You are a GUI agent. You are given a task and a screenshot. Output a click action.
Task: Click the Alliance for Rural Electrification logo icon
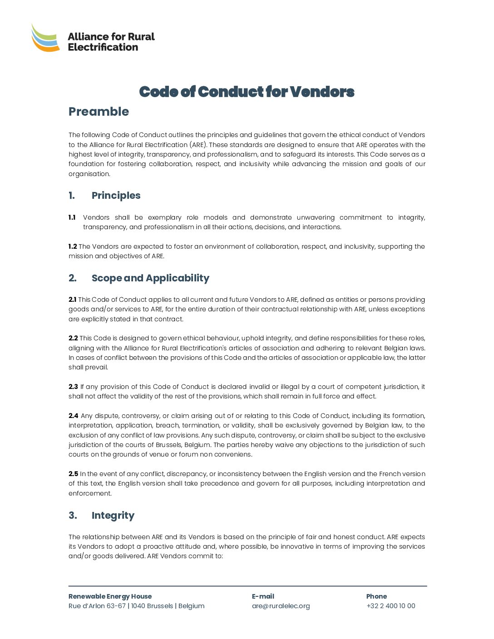45,38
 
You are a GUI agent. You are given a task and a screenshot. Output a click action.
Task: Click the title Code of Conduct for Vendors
247,92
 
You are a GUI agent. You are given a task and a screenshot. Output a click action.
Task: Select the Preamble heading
99,112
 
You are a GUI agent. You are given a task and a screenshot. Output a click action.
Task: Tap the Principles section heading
116,196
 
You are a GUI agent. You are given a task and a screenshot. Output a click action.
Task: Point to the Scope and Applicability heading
150,278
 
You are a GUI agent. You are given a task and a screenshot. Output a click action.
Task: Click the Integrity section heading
113,516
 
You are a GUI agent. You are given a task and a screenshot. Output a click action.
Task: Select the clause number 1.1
72,218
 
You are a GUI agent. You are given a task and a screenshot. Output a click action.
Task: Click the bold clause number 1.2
73,247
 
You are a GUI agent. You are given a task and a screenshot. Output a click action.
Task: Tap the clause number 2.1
73,300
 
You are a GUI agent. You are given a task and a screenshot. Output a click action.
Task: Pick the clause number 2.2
73,339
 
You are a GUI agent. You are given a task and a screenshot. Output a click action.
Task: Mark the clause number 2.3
73,387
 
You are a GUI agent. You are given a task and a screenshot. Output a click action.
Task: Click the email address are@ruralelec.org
281,606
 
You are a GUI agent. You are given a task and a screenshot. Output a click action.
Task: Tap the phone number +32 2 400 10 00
390,606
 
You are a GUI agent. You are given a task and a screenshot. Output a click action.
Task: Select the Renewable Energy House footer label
110,597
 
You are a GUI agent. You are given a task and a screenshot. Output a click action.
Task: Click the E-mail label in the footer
263,597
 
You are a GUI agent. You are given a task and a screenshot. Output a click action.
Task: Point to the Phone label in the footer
376,597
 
